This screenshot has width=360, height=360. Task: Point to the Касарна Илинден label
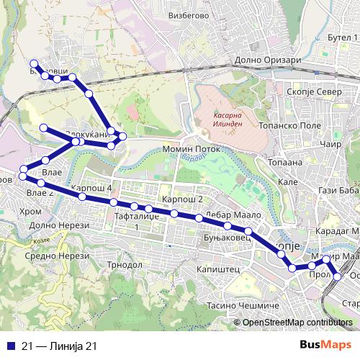[x=231, y=118]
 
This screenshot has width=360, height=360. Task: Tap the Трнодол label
[x=125, y=264]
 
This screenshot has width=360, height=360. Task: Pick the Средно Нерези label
[x=45, y=255]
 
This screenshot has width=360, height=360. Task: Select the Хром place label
[x=30, y=212]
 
